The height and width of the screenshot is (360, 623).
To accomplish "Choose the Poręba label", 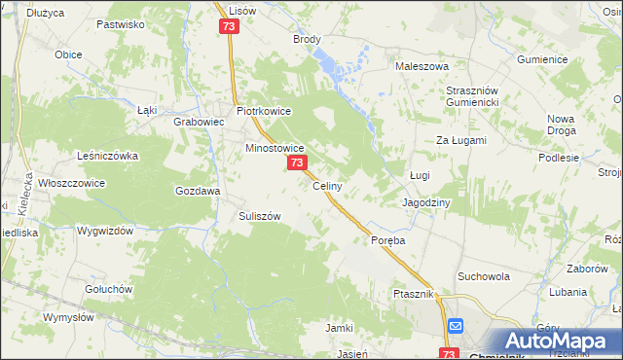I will coord(386,239).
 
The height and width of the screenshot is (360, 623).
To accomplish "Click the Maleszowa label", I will coord(421,66).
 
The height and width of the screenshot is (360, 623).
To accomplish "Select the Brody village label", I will coord(307,40).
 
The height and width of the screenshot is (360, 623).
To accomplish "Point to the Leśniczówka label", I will coord(108,155).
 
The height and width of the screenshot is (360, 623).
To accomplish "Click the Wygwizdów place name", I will coord(105,232).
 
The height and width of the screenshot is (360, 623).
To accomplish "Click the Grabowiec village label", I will coord(199,123).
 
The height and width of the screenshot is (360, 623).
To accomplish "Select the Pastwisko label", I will coord(121,22).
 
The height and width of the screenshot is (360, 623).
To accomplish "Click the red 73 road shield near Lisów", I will coord(229,27).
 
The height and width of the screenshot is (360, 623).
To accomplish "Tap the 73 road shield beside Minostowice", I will coord(297,164).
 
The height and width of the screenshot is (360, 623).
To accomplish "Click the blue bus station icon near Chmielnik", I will coord(457,327).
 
